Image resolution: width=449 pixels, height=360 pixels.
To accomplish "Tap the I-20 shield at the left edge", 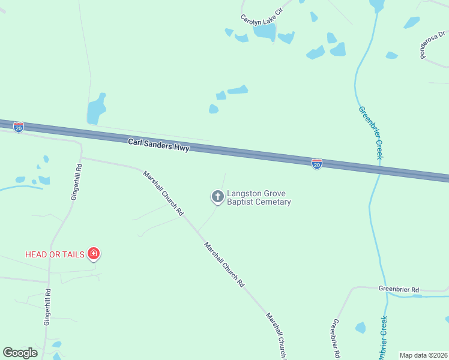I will tap(19, 128).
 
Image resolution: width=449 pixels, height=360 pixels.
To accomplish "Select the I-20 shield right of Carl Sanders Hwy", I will tap(316, 163).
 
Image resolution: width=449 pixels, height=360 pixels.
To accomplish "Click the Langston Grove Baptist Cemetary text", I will tap(258, 198).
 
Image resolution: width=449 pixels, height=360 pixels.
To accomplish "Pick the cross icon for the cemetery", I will tap(217, 196).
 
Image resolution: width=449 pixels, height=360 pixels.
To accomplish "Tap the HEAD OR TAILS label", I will tap(54, 254).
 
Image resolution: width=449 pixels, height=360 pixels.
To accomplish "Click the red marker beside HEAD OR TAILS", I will tap(93, 254).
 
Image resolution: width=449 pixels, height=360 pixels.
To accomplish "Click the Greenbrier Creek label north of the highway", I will tap(370, 132).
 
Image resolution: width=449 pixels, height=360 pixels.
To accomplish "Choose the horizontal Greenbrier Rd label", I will tap(398, 289).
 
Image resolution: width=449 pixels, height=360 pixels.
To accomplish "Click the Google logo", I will tap(20, 353).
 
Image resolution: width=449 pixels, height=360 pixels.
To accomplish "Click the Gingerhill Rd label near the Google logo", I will tap(47, 307).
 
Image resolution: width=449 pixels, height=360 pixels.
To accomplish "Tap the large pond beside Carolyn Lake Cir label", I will tap(264, 31).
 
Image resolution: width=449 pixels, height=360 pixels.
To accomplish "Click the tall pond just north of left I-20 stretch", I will tap(96, 109).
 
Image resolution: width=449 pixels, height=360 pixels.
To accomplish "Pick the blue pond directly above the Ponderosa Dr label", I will tap(412, 22).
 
